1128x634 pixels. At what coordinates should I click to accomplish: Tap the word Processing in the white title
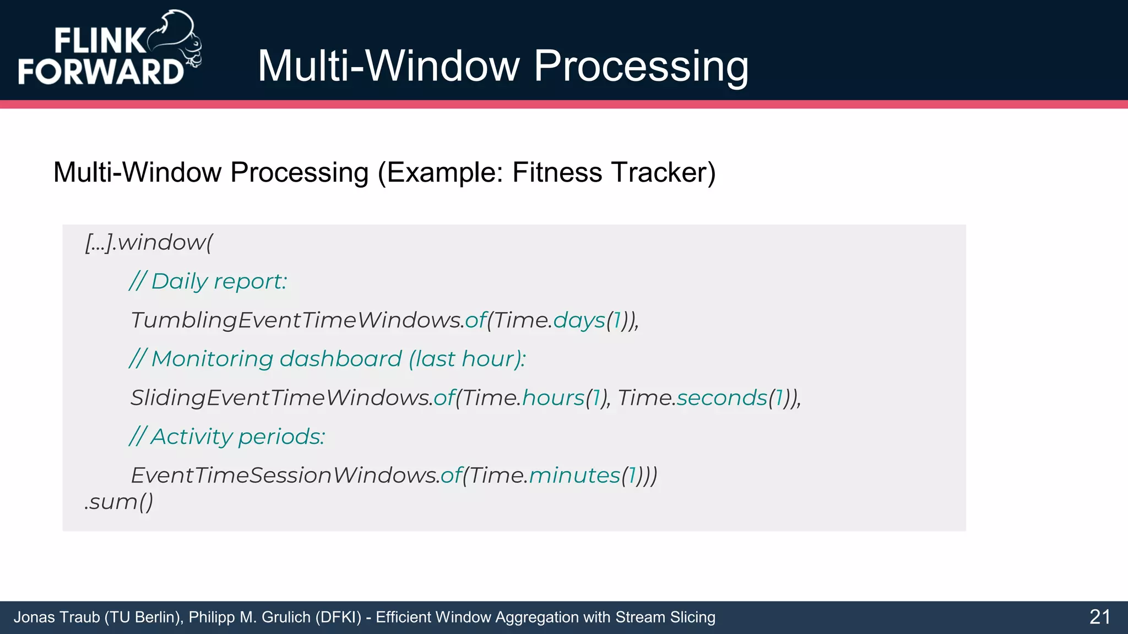641,66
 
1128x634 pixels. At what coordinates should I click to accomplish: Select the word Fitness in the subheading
557,172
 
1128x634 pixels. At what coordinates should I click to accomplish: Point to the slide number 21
1099,617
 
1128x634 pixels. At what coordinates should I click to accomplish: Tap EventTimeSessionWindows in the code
285,475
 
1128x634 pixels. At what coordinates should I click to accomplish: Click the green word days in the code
579,320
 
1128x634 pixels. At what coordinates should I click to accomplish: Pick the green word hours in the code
553,398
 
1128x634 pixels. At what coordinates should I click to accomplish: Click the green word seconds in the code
722,398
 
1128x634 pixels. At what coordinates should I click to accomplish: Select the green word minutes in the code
574,475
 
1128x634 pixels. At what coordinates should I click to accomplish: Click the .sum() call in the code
119,502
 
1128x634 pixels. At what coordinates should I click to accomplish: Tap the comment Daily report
208,282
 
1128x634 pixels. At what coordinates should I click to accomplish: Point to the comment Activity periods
227,437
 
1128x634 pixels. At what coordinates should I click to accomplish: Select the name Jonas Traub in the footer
56,617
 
